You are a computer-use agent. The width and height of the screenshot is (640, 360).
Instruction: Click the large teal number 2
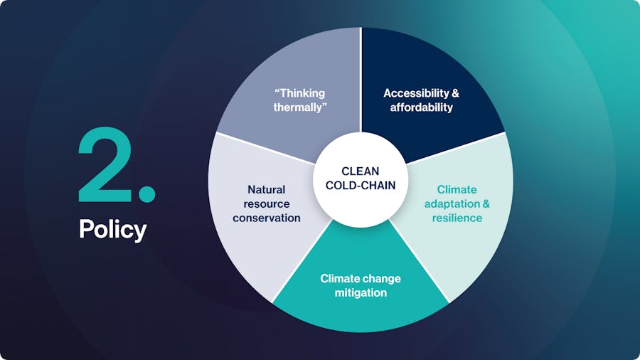105,164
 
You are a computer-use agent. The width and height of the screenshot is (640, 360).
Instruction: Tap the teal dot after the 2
147,194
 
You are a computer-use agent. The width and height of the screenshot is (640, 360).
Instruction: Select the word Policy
112,229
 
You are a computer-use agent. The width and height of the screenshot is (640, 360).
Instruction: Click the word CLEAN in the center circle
361,171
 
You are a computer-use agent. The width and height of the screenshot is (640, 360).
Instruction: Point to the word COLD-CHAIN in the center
361,185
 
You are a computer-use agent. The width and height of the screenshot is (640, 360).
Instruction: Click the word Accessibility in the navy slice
416,93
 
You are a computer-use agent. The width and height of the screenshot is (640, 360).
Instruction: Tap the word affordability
421,107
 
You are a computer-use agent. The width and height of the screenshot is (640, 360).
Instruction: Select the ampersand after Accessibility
455,93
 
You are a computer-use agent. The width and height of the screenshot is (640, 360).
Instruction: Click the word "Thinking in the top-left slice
299,93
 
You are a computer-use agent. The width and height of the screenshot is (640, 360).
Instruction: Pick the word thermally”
300,107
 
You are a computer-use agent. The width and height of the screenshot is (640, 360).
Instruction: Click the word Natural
267,190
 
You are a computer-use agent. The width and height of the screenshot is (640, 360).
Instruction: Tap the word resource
267,204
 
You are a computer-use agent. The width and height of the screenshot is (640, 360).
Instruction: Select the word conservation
267,218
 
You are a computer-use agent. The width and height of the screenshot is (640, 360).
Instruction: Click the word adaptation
452,204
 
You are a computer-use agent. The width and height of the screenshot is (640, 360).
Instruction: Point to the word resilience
457,218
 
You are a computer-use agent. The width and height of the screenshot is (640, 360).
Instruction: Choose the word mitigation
361,293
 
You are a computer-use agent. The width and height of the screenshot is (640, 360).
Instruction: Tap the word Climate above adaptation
457,190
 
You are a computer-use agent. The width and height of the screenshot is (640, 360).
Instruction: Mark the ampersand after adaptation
486,204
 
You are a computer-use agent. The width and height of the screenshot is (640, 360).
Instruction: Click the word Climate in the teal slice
338,279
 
